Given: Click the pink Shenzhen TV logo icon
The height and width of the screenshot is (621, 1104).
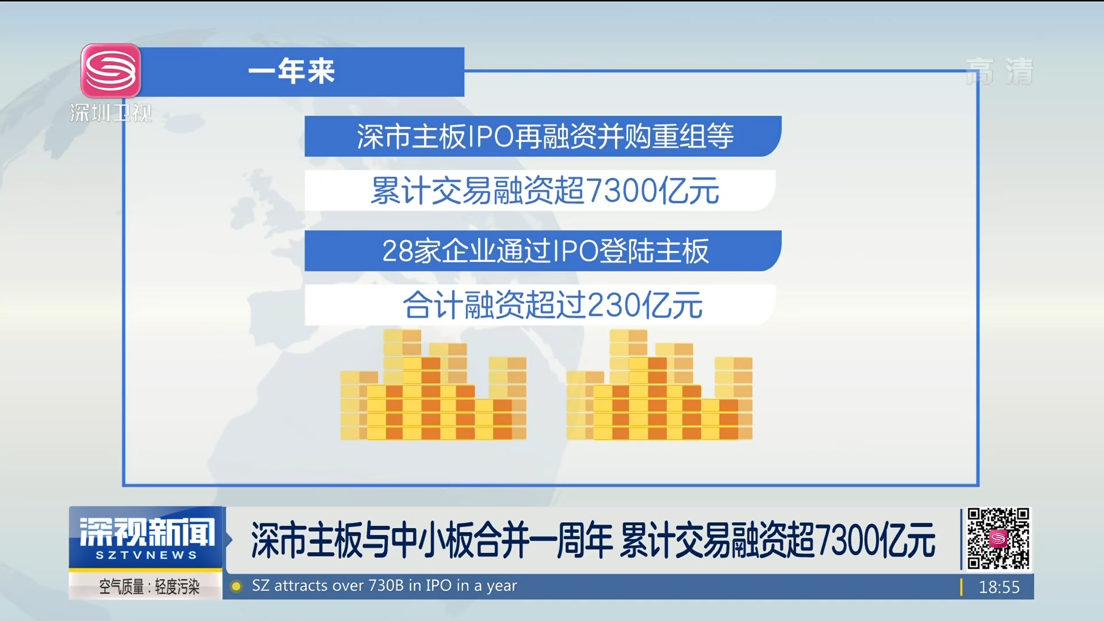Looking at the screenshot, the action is point(110,71).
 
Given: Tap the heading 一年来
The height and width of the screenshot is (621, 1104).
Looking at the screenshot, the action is point(292,72).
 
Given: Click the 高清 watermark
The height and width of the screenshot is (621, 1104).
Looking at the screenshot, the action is point(999,71).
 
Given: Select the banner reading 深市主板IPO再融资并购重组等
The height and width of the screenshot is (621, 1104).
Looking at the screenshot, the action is point(543,136).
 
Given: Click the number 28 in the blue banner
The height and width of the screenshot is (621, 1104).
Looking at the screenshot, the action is point(397,251).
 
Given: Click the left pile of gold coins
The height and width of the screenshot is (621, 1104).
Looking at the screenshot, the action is point(433,385).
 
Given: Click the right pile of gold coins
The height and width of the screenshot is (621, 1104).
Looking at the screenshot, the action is point(660,385).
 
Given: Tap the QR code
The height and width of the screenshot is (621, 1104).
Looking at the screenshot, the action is point(998,539).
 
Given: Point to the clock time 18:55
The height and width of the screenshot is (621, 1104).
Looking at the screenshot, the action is point(999,587).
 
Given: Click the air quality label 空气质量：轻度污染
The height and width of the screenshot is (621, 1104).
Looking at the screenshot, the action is point(149,586).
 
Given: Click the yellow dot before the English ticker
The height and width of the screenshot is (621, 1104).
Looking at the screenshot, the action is point(236,586).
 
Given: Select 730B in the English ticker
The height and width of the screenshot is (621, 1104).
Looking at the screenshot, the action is point(386,586).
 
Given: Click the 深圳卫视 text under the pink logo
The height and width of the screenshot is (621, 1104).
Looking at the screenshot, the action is point(111,113).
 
